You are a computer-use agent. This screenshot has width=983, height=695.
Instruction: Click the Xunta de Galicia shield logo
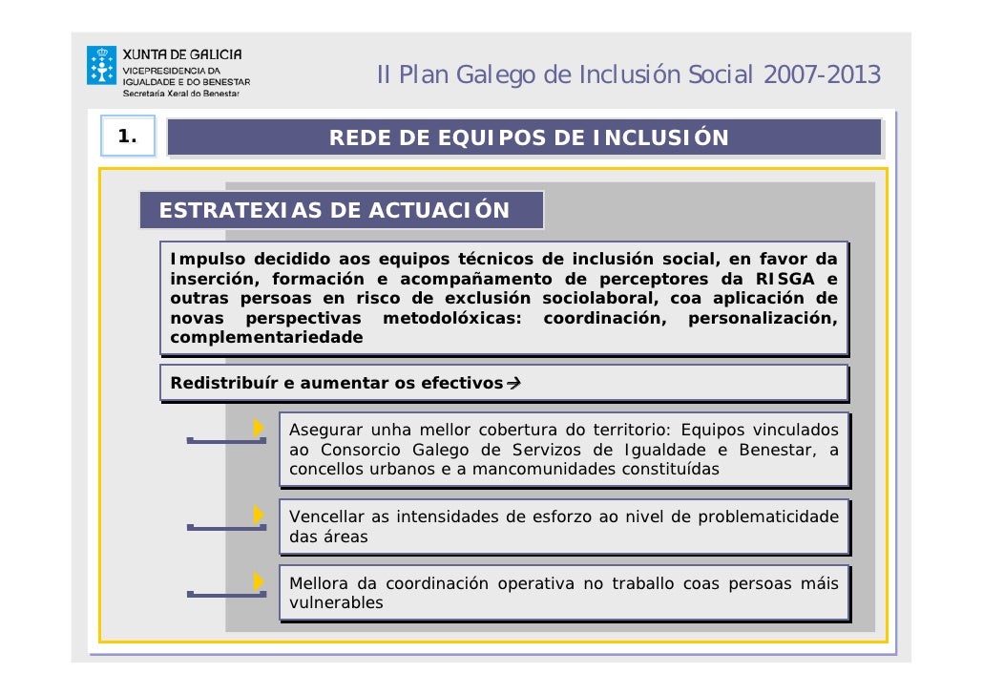(101, 66)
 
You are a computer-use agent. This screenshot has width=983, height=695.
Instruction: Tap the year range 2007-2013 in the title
(822, 74)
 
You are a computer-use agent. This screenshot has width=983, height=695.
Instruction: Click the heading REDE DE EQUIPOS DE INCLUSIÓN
(529, 138)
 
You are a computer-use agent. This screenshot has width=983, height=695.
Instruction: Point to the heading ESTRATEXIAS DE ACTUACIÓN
(334, 210)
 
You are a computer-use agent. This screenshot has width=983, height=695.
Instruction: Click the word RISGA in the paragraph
(785, 280)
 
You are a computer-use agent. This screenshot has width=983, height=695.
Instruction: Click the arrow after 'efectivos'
(512, 384)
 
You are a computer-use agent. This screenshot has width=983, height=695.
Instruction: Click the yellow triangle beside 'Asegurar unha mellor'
(258, 429)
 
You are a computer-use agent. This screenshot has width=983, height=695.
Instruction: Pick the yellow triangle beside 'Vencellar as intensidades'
(258, 515)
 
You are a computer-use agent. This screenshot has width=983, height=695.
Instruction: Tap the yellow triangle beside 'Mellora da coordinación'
(258, 581)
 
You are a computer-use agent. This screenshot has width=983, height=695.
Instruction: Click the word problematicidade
(768, 516)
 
